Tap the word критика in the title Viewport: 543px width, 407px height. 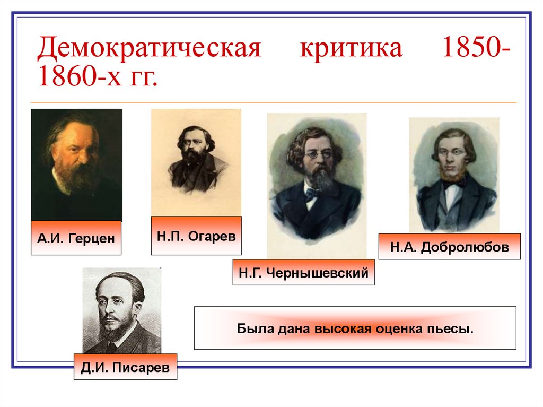click(352, 49)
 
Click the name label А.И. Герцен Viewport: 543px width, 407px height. click(76, 238)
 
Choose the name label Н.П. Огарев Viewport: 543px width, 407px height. click(196, 235)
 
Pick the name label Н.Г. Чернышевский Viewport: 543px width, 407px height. click(303, 273)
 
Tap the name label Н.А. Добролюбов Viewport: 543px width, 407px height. click(449, 246)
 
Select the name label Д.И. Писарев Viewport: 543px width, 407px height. click(125, 367)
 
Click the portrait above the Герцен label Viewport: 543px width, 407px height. click(76, 164)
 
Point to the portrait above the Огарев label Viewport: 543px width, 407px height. click(196, 162)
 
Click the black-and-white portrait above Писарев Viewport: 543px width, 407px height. click(122, 310)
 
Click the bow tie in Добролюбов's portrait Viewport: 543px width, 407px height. click(454, 184)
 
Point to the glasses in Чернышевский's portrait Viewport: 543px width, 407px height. click(317, 154)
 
